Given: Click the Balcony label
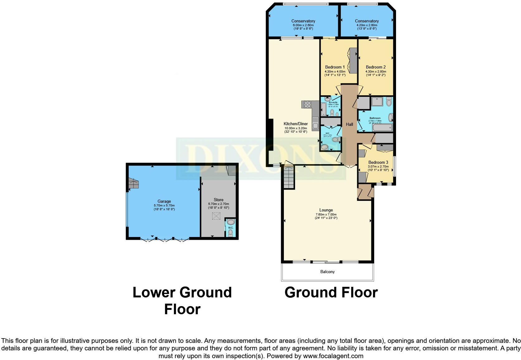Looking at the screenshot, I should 327,272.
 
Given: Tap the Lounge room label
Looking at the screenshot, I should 326,210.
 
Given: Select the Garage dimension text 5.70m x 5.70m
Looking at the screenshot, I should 164,206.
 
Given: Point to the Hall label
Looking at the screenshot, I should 349,124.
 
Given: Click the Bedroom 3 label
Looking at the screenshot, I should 378,162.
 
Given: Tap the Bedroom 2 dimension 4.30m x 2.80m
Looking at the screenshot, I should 375,71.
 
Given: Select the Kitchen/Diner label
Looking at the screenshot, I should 295,124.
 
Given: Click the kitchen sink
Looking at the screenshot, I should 316,124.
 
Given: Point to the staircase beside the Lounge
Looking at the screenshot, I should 289,177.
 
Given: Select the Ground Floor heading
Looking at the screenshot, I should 331,292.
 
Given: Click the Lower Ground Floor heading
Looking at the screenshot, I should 182,301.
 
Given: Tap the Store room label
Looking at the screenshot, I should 218,200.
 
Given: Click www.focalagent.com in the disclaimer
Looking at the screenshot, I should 333,356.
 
